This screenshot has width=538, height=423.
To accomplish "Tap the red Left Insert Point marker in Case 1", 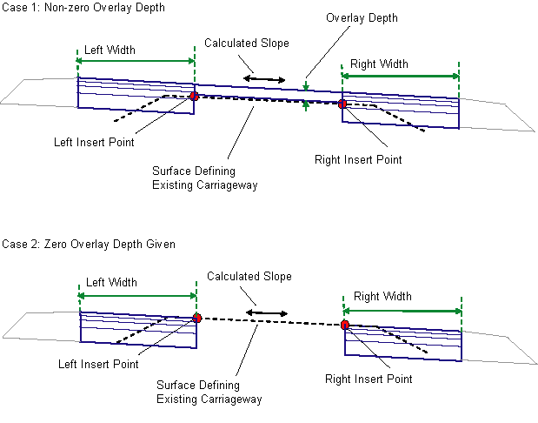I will (194, 97).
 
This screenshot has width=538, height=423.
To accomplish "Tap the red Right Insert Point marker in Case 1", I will (342, 104).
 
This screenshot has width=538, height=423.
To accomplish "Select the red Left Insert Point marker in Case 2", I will (197, 319).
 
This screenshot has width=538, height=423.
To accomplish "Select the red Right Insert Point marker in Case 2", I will (345, 325).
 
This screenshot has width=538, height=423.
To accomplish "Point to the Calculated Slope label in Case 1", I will (247, 43).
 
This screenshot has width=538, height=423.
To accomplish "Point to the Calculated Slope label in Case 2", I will (249, 277).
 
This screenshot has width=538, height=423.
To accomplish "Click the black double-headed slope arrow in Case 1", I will (264, 80).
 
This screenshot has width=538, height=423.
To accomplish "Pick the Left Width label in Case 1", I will (111, 50).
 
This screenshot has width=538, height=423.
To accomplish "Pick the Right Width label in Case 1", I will (379, 64).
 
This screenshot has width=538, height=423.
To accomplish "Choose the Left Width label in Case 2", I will (111, 282).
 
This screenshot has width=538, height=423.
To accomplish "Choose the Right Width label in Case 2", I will (382, 297).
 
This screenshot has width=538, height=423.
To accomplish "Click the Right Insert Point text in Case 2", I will (369, 379).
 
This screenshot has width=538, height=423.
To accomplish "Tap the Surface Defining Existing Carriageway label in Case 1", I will (205, 178).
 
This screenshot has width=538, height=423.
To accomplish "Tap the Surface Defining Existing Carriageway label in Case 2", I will (209, 392).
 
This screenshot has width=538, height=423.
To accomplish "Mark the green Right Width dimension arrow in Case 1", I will (400, 77).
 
